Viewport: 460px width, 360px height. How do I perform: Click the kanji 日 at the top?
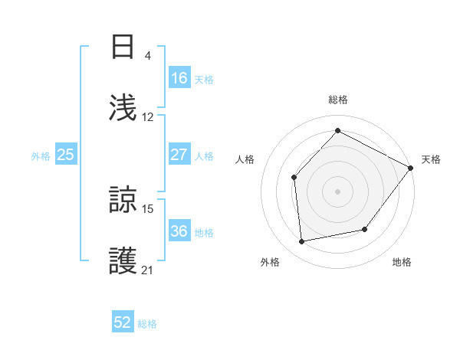pos(123,47)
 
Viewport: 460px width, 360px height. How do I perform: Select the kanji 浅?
pos(123,107)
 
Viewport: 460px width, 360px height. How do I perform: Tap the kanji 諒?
pos(123,201)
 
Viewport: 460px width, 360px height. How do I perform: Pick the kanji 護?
pos(123,261)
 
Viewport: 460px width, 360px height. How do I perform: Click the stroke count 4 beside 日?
pos(147,56)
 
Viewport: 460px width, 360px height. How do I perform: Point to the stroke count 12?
pos(148,116)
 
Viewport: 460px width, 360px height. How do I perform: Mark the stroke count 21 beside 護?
pos(148,270)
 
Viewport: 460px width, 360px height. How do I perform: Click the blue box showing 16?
pos(179,78)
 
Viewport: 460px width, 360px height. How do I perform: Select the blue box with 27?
pos(179,155)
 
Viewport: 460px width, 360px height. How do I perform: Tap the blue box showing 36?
pos(179,231)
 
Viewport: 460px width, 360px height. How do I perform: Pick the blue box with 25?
pos(66,155)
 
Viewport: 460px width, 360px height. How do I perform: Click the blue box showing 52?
pos(123,322)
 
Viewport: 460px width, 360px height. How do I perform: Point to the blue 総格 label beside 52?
pos(147,324)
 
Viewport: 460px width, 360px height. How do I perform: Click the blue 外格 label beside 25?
pos(41,155)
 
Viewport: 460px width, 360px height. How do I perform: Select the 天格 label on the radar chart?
pos(431,159)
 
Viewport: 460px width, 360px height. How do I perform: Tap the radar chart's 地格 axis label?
pos(402,262)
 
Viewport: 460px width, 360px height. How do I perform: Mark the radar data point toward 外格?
pos(302,242)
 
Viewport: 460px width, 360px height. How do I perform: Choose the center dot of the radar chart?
pos(337,191)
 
